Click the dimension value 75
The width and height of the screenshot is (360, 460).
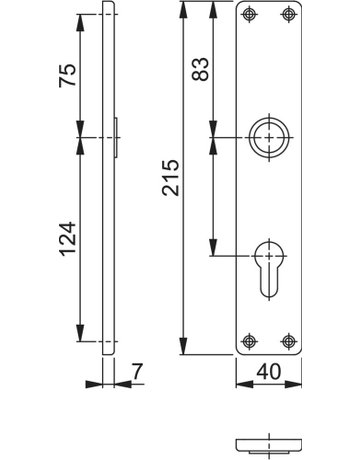[x=68, y=75]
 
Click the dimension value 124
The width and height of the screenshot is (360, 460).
[x=68, y=239]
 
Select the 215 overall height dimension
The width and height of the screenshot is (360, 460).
[x=171, y=177]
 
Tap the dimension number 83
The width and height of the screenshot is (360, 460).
[x=200, y=69]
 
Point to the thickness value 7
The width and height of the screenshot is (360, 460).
[x=137, y=371]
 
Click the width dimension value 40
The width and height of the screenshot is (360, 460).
[x=269, y=371]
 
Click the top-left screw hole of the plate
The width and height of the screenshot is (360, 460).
[x=249, y=14]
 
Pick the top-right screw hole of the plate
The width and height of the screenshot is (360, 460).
[x=288, y=14]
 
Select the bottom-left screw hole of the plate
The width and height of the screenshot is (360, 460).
[x=249, y=341]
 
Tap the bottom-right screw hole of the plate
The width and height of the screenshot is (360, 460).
[x=288, y=341]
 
